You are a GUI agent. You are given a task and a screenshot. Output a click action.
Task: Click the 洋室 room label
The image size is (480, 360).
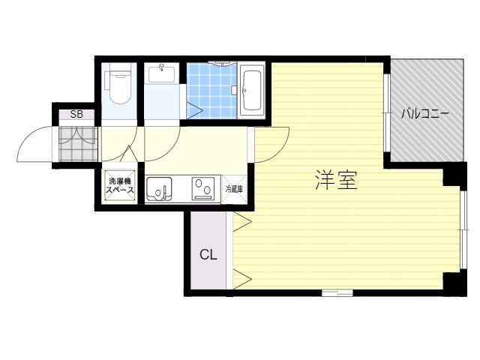[337, 180]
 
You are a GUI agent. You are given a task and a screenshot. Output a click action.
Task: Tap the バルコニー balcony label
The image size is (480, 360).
[425, 114]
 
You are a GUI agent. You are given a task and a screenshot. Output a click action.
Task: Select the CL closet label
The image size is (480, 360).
[208, 254]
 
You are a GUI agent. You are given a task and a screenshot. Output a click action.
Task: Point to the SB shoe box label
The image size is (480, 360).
[76, 115]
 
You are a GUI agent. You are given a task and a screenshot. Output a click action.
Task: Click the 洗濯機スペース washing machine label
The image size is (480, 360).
[120, 185]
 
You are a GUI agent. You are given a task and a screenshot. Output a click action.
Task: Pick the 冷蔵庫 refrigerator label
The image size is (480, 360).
[234, 189]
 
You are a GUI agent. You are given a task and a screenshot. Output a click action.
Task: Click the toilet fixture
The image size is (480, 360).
[118, 85]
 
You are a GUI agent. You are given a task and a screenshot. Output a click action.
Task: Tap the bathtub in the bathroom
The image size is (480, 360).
[252, 91]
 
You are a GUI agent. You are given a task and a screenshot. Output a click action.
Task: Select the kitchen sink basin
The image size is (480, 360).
[159, 188]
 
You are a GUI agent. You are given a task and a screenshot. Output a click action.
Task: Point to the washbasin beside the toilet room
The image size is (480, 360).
[162, 74]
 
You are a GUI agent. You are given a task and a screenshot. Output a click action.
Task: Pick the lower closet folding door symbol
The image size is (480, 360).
[242, 278]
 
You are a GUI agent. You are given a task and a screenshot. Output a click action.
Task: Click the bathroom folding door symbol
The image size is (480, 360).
[195, 110]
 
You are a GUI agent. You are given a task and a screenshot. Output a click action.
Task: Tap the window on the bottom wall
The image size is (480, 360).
[337, 293]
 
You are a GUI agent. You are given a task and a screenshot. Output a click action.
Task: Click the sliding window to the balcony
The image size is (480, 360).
[387, 113]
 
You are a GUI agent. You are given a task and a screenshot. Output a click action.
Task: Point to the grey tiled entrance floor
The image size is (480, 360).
[78, 144]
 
